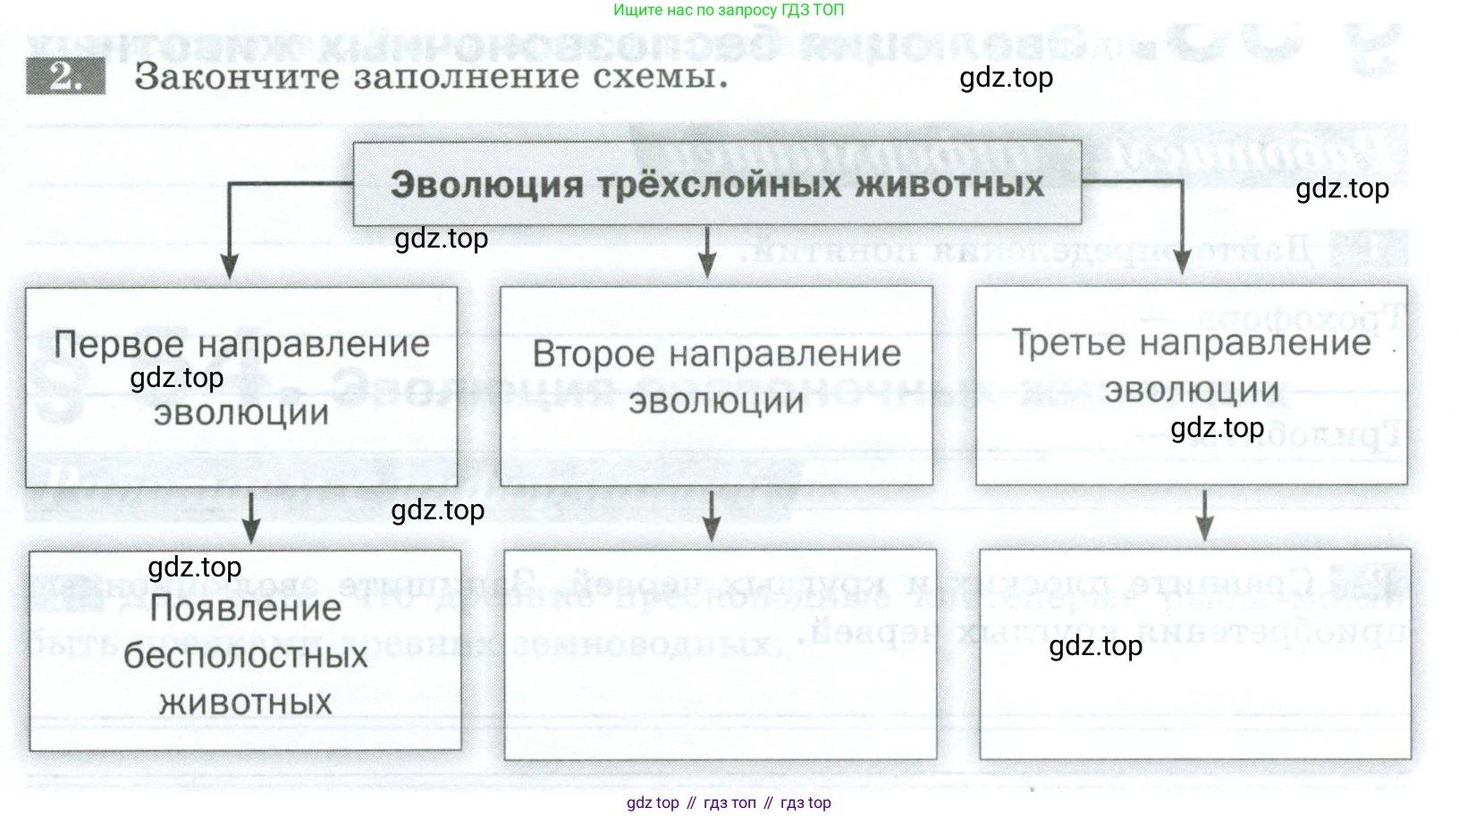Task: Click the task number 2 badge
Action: [64, 76]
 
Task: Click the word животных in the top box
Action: [949, 185]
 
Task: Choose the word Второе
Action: [594, 354]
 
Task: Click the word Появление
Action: [246, 609]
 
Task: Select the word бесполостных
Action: [246, 656]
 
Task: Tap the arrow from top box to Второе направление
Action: [707, 253]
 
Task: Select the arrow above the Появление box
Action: [251, 518]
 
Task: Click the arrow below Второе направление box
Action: [712, 517]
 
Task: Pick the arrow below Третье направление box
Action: [1204, 516]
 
